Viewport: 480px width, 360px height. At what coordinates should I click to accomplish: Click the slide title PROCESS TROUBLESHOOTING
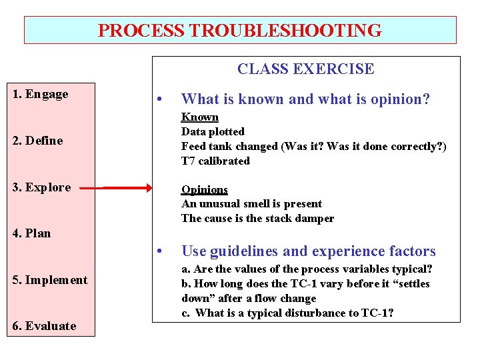point(240,31)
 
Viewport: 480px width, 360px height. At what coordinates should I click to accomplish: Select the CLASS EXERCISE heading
point(306,69)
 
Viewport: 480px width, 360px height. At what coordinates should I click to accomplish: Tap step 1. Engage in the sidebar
point(41,94)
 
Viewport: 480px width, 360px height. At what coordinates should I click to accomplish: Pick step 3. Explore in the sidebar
point(41,187)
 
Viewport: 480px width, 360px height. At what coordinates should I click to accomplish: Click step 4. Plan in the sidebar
point(32,233)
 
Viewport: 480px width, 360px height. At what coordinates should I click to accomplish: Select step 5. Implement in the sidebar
point(50,280)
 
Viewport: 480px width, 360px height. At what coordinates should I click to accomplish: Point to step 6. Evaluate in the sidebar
point(44,326)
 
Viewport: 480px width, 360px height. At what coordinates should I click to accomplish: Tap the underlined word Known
point(200,117)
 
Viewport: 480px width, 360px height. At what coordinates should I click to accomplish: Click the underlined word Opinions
point(205,189)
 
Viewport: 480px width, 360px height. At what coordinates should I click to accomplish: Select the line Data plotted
point(213,132)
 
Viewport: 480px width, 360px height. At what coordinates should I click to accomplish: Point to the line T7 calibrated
point(215,161)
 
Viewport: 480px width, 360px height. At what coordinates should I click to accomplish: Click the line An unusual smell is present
point(251,204)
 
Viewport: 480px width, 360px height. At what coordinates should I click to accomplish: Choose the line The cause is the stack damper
point(257,219)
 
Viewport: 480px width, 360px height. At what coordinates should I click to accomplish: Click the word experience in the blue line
point(345,251)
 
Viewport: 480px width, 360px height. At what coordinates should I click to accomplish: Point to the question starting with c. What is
point(287,313)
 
